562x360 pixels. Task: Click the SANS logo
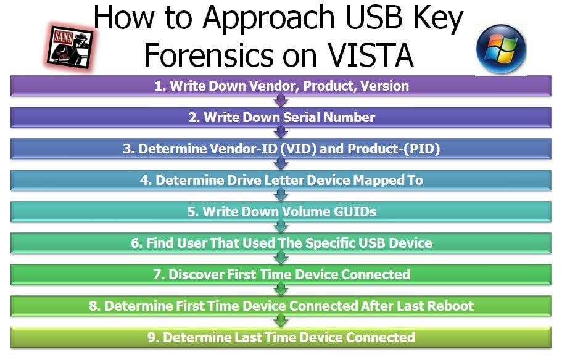(70, 47)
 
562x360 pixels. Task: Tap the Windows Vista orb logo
(501, 49)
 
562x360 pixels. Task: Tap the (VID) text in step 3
(298, 149)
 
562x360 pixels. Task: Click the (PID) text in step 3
(421, 149)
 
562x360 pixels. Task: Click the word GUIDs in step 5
(355, 211)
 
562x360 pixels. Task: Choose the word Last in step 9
(248, 337)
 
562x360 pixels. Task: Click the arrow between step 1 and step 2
(281, 100)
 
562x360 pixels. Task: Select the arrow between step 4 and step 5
(281, 195)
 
